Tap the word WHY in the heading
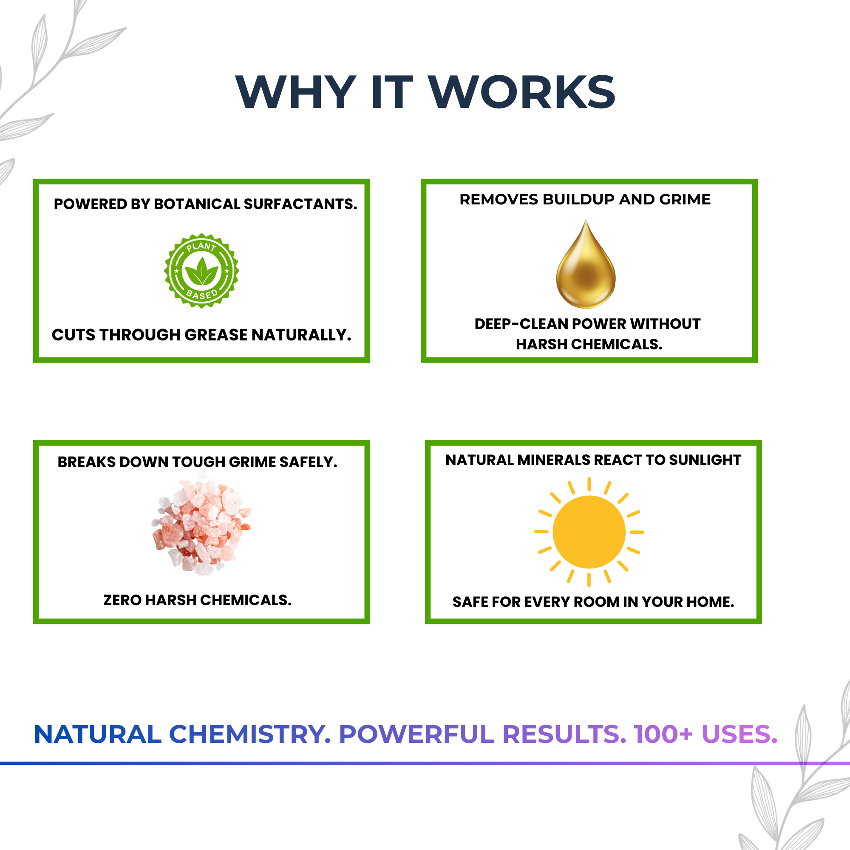tap(296, 92)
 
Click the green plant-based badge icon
tap(201, 271)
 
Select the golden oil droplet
tap(586, 266)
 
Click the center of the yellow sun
tap(589, 532)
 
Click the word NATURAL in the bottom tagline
tap(98, 735)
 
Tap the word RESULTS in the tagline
tap(564, 735)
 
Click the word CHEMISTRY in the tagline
tap(249, 735)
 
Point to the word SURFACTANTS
tap(300, 204)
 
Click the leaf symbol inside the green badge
tap(201, 272)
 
